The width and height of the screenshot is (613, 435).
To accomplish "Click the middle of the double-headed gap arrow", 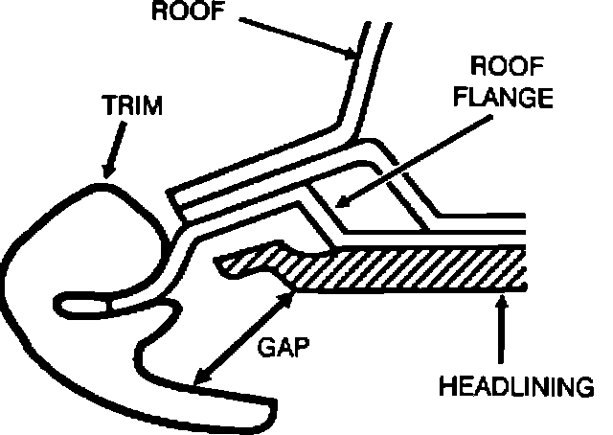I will coord(242,336).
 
